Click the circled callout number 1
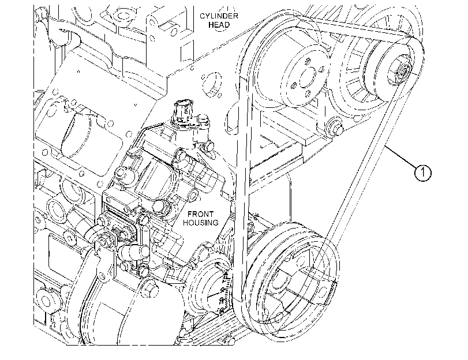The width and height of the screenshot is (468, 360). coord(423,172)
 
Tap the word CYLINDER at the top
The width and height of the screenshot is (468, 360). coord(219,16)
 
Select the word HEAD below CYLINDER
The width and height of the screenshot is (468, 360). coord(219,25)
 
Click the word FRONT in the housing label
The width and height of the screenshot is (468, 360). coord(200,214)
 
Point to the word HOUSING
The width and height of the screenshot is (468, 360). coord(200,223)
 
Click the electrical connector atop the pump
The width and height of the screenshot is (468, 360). coord(183,113)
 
